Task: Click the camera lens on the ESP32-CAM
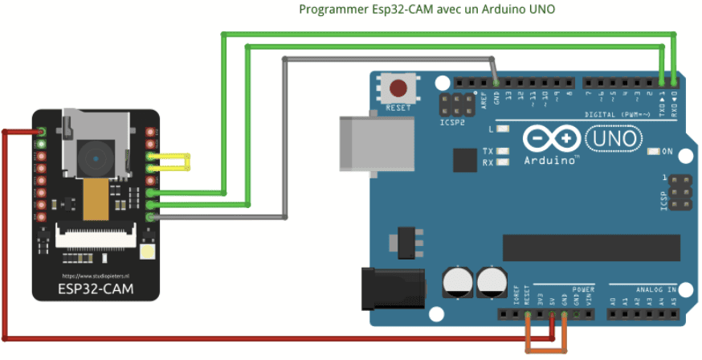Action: tap(94, 152)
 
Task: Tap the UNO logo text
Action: tap(614, 139)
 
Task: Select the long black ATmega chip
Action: tap(590, 247)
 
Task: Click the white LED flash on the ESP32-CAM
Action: tap(148, 254)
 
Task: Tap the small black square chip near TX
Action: tap(464, 160)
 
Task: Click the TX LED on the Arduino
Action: tap(504, 151)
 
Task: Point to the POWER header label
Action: tap(584, 288)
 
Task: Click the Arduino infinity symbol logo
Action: tap(552, 139)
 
